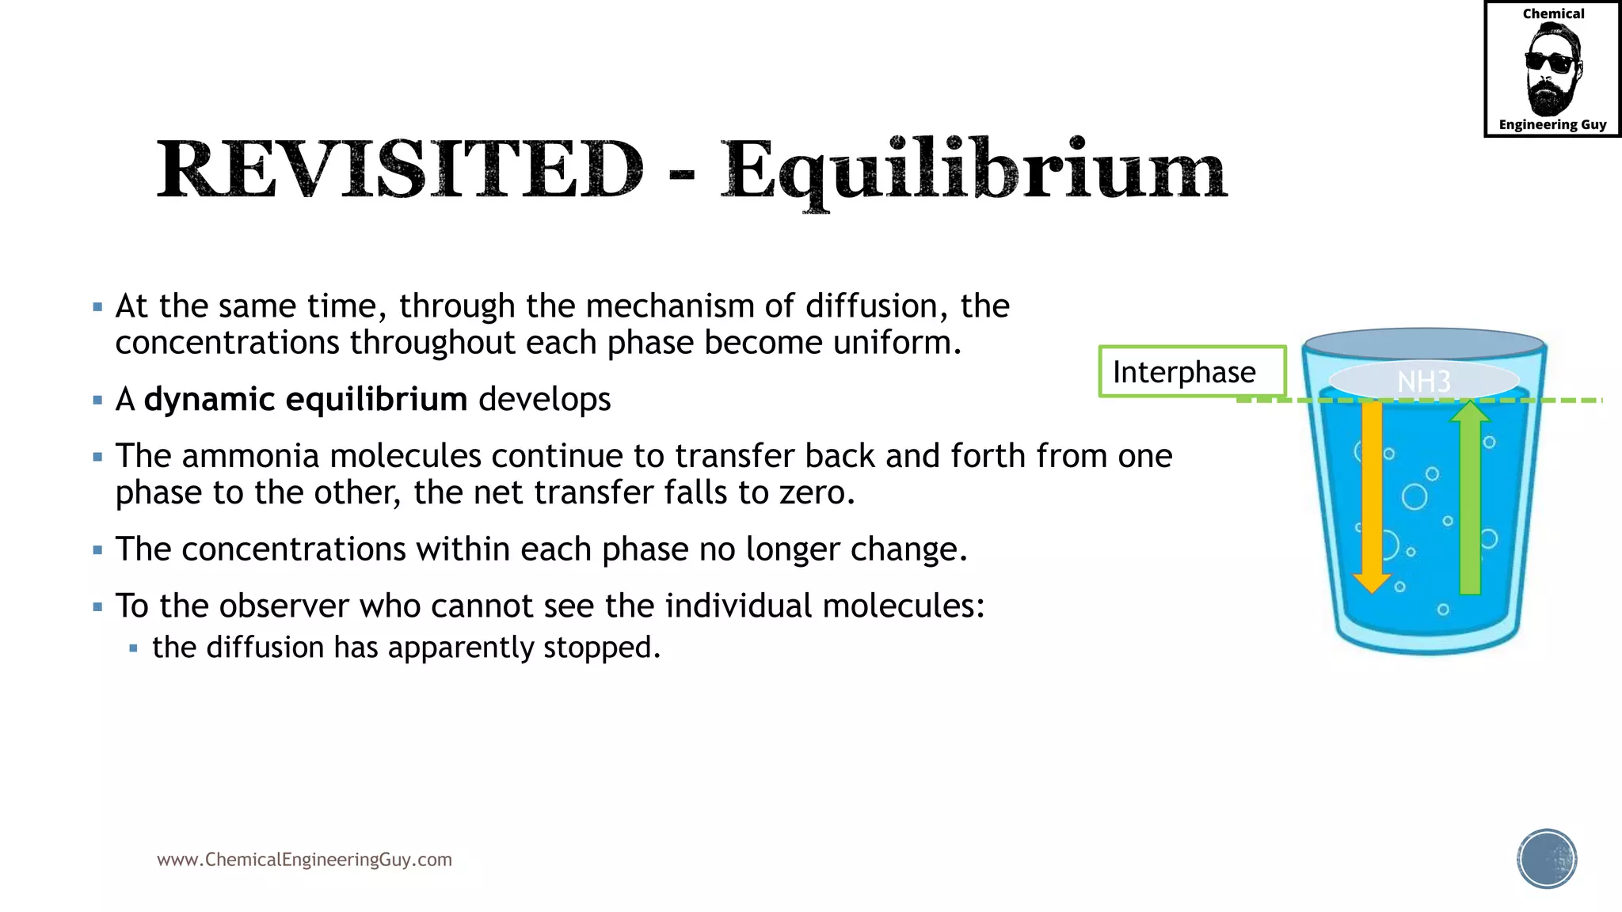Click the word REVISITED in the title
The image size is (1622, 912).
[x=400, y=169]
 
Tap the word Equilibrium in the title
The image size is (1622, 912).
[x=973, y=170]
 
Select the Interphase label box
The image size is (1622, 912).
[x=1191, y=371]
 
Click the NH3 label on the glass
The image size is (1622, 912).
[x=1423, y=382]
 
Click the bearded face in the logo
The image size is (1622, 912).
[x=1552, y=70]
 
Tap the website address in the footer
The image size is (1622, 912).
[x=304, y=860]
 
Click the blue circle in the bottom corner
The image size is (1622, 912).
[x=1547, y=859]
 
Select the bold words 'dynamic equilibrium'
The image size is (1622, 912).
[x=305, y=399]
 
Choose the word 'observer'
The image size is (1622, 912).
[x=284, y=606]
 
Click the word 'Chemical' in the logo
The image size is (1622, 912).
[x=1553, y=14]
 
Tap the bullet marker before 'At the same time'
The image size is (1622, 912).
[x=97, y=306]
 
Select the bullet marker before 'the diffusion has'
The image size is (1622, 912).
[x=133, y=648]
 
